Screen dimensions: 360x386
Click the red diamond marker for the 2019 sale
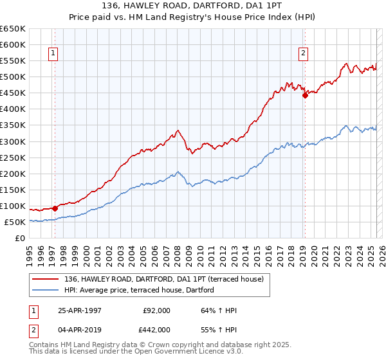coord(305,95)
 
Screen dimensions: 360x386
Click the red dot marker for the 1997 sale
coord(55,208)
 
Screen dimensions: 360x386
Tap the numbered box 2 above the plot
coord(302,54)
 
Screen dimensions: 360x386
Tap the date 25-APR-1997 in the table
coord(79,310)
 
